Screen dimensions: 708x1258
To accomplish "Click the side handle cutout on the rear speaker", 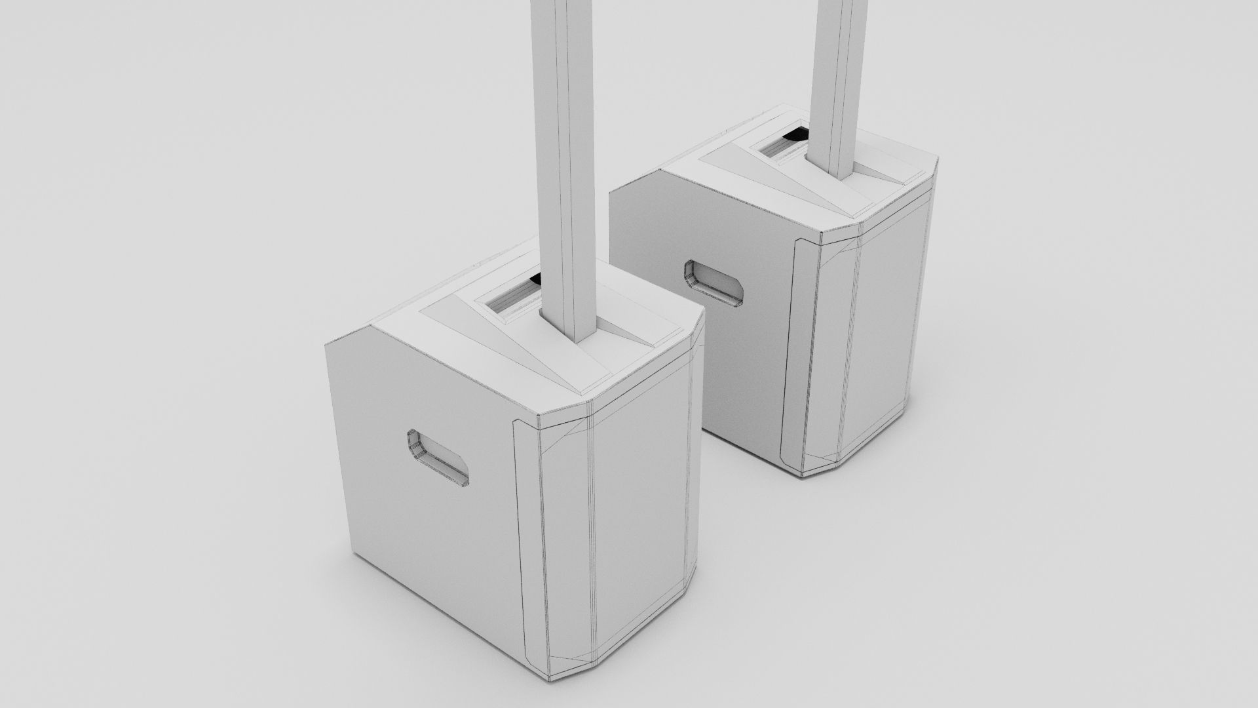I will click(x=714, y=284).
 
